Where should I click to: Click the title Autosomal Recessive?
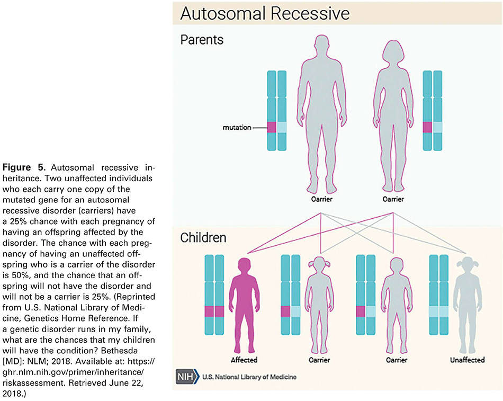(x=264, y=13)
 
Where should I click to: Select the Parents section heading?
(x=202, y=40)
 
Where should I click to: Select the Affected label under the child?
(x=244, y=360)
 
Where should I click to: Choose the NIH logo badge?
(x=187, y=377)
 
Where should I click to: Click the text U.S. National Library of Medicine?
(x=249, y=377)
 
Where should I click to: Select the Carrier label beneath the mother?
(x=393, y=199)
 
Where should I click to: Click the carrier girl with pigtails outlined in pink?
(x=319, y=302)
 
